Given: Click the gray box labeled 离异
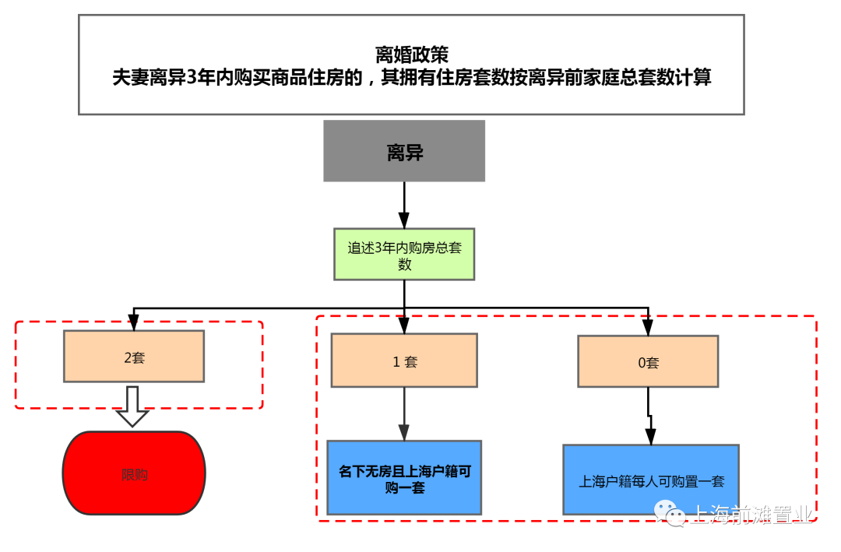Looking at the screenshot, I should (404, 151).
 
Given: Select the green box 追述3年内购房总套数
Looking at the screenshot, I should (404, 255).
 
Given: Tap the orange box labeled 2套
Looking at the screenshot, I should (134, 357).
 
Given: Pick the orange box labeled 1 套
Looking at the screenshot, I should (404, 360).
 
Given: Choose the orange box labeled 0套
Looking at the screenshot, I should (648, 361).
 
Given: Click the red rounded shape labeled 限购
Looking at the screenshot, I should (134, 473).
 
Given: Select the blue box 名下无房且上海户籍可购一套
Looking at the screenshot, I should (404, 477).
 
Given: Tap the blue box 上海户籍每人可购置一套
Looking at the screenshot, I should (651, 480).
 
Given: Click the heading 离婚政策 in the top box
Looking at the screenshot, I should (411, 54).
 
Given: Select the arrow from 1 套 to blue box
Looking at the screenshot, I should (404, 413).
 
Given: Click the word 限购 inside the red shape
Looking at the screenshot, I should (134, 473).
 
